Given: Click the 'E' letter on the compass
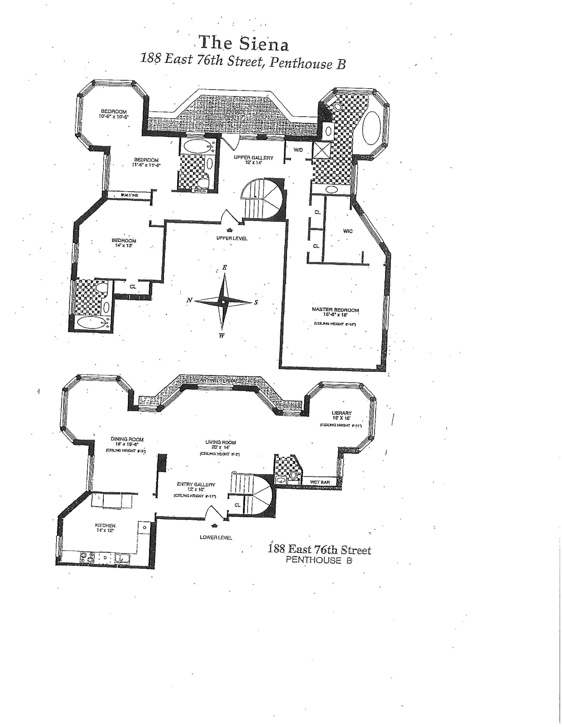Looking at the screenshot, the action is [225, 267].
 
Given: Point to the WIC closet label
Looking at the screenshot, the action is [348, 231].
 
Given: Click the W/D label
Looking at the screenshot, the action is [298, 150].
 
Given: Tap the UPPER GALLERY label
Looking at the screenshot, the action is [253, 158].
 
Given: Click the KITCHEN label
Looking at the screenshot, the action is [105, 525].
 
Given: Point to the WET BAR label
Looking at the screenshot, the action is [320, 482].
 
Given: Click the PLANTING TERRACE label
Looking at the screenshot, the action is [222, 380].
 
